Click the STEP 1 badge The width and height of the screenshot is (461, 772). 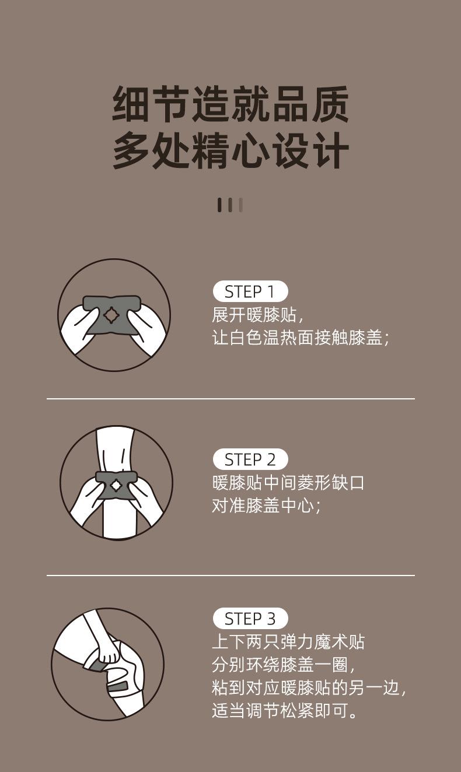pyautogui.click(x=250, y=292)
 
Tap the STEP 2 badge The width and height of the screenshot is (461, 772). pyautogui.click(x=250, y=459)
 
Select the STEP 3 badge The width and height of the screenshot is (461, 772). pyautogui.click(x=250, y=619)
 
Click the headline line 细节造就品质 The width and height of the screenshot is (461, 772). pyautogui.click(x=230, y=105)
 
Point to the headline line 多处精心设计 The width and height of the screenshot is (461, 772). pyautogui.click(x=230, y=151)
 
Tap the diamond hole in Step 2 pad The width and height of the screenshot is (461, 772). pyautogui.click(x=116, y=485)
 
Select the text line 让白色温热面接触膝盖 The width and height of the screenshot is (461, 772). pyautogui.click(x=300, y=338)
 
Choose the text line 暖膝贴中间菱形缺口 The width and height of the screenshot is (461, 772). pyautogui.click(x=288, y=483)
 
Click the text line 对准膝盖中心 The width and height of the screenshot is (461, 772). pyautogui.click(x=266, y=506)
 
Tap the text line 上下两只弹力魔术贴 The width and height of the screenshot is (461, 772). pyautogui.click(x=288, y=642)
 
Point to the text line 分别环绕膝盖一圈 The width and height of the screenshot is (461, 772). pyautogui.click(x=283, y=665)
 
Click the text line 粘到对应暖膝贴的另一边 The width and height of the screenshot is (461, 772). pyautogui.click(x=308, y=687)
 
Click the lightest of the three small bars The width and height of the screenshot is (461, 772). pyautogui.click(x=240, y=205)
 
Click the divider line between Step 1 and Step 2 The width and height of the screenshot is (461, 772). pyautogui.click(x=230, y=399)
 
